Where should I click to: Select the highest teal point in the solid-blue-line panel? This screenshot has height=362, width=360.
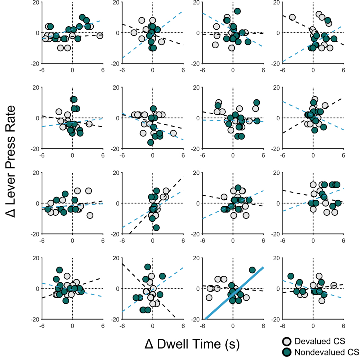tap(252, 270)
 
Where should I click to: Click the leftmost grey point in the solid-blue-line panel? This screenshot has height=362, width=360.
tap(209, 298)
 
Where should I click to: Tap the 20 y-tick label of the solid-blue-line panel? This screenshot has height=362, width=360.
tap(195, 258)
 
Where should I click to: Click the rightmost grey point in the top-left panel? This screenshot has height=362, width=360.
tap(100, 36)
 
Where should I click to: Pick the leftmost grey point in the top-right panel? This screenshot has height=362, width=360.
tap(292, 17)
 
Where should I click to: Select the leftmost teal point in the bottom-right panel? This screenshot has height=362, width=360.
tap(291, 276)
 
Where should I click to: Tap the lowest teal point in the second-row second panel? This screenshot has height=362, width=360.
tap(150, 142)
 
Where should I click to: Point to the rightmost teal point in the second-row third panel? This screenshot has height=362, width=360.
tap(257, 102)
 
